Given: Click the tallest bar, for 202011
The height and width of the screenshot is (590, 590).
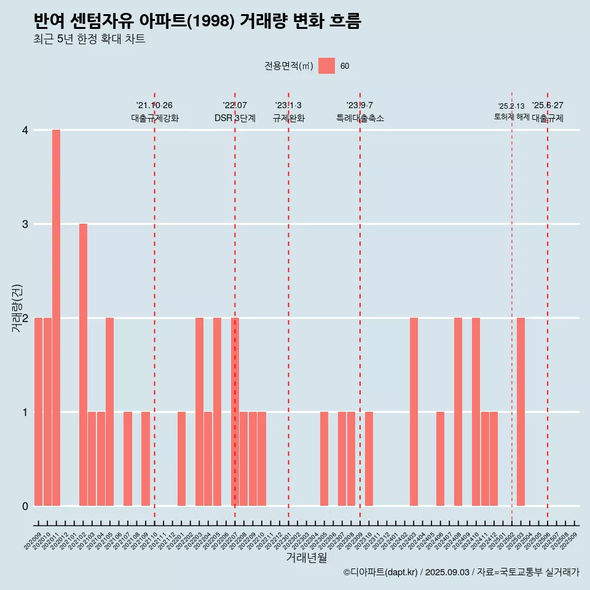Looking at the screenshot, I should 56,318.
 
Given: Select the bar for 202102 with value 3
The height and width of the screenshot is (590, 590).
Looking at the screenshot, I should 83,364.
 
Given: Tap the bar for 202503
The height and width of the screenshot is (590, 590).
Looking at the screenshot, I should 521,412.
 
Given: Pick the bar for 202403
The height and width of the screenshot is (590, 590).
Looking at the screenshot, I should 414,412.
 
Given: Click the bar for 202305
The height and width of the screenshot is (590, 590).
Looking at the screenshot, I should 324,458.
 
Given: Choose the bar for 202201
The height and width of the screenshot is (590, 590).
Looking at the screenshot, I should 181,458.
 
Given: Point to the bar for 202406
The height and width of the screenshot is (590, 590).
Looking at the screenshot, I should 440,458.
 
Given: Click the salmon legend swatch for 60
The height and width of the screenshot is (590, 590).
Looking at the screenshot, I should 326,66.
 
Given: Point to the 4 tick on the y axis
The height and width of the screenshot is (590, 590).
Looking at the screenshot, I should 25,130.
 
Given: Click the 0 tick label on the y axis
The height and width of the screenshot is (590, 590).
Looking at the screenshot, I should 25,506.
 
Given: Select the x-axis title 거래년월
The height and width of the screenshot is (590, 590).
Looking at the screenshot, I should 306,558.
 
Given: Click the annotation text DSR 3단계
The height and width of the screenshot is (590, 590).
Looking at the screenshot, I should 235,118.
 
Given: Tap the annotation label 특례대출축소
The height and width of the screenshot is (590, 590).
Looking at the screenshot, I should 360,118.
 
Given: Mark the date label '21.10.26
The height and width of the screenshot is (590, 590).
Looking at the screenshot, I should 154,106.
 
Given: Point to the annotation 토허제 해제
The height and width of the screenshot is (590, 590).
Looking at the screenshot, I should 511,117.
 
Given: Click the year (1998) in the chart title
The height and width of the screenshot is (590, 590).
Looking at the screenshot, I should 210,22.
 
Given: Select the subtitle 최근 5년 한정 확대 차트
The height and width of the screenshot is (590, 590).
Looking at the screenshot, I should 90,40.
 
